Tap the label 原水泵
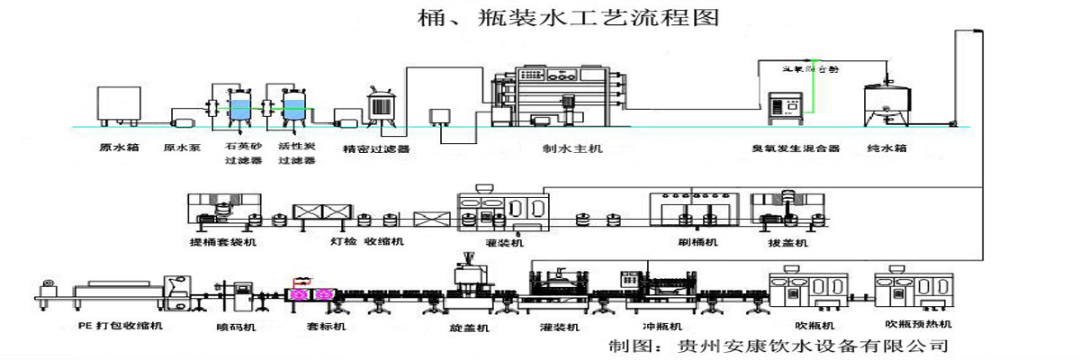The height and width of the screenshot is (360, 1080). [x=181, y=147]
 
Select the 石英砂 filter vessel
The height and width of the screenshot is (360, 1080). [x=242, y=107]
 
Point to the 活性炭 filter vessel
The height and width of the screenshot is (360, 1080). [x=294, y=107]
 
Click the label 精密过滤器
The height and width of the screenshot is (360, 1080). [x=377, y=148]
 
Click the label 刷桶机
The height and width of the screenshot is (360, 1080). [x=698, y=242]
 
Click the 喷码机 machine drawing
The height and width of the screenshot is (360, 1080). [x=242, y=295]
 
